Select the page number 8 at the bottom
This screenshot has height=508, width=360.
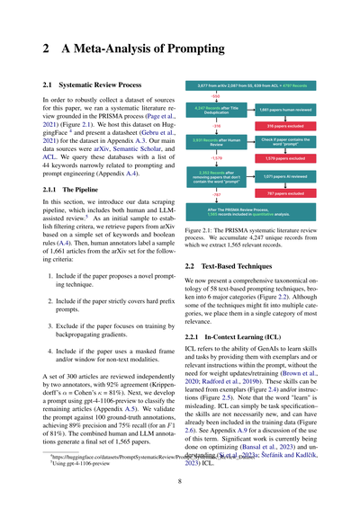[180, 481]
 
